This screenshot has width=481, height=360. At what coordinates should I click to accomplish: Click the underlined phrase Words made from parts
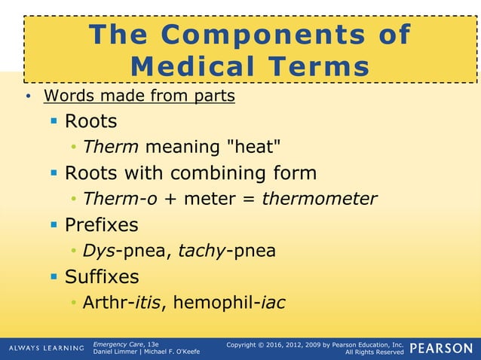139,96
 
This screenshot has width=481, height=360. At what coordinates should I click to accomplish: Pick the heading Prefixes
101,224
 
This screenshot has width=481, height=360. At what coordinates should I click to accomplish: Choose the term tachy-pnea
226,251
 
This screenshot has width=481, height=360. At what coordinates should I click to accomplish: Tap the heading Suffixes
102,276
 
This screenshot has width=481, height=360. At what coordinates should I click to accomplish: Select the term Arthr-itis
125,303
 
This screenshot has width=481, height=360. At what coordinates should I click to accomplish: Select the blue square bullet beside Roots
54,121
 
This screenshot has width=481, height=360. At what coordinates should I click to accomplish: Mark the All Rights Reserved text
374,352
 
